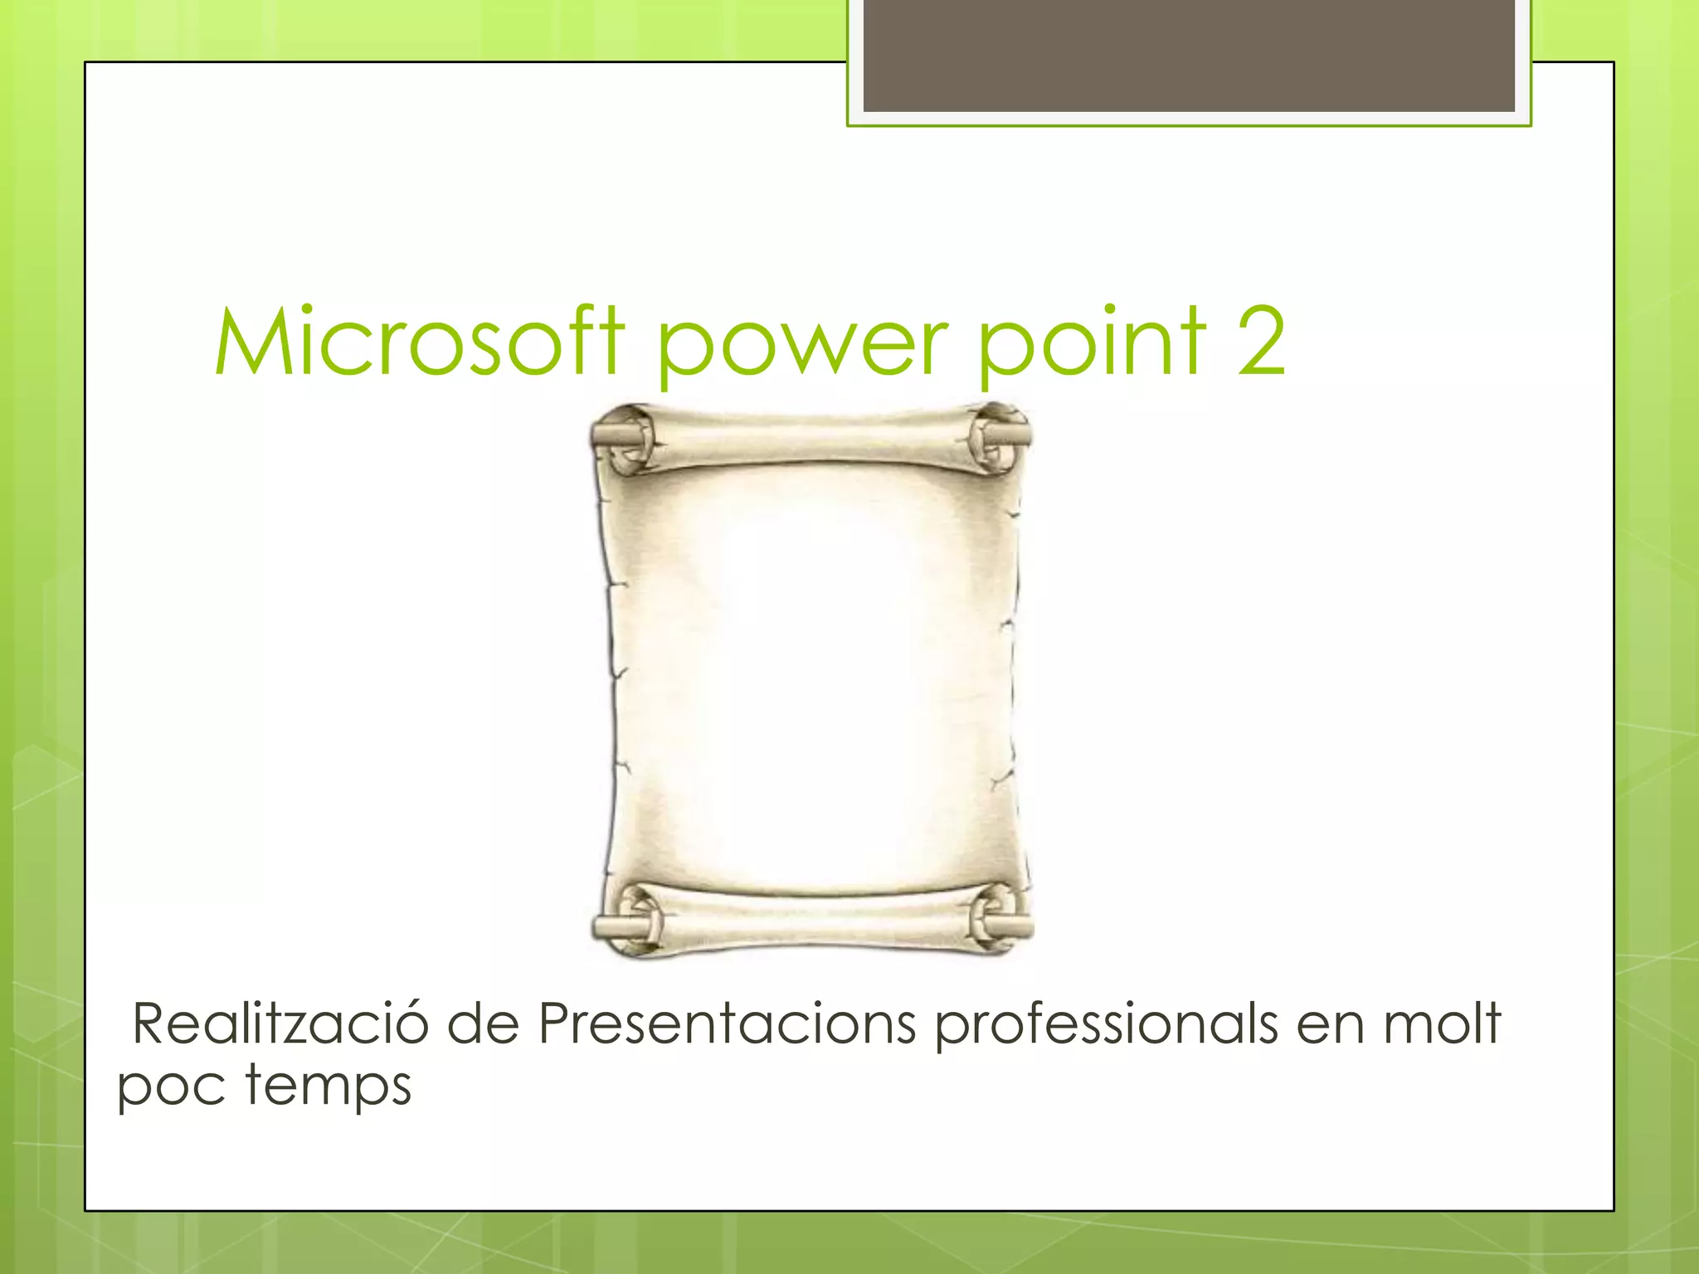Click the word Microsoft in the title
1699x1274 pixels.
(419, 342)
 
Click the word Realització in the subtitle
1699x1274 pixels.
(280, 1024)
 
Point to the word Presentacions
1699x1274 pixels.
(727, 1024)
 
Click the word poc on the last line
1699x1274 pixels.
(170, 1087)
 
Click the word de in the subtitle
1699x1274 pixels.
(483, 1024)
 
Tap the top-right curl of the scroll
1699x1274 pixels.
(1000, 436)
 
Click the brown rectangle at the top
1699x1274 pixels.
(1189, 55)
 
